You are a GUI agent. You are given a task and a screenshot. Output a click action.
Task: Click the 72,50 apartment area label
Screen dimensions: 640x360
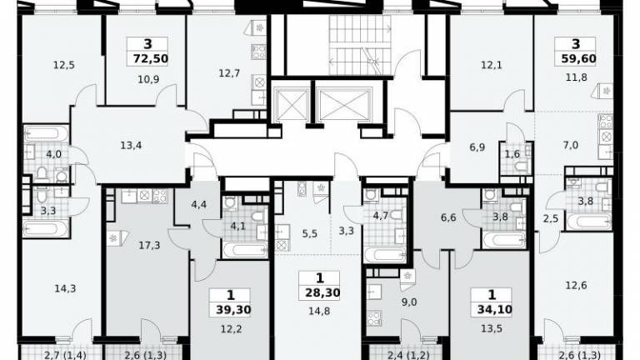click(150, 59)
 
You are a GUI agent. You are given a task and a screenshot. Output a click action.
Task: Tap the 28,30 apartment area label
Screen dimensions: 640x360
click(322, 292)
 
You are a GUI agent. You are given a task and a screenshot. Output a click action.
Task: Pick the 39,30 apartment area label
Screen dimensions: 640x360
click(232, 310)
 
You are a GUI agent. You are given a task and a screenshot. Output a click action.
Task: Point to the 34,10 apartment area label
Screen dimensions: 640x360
click(494, 310)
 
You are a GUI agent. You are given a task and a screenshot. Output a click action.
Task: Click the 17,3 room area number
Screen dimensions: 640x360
click(149, 245)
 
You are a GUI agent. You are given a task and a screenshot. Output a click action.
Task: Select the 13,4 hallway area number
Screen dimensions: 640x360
click(131, 145)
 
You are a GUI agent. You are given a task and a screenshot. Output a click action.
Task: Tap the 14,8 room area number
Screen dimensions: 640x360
click(320, 312)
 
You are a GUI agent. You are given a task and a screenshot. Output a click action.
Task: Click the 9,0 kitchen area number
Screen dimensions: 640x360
click(408, 302)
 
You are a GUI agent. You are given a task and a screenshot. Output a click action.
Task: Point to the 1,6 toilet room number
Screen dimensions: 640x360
click(512, 154)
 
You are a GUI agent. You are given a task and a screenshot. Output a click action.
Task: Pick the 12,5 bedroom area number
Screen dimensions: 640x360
click(64, 65)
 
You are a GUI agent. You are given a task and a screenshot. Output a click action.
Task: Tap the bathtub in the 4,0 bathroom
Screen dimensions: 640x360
click(46, 134)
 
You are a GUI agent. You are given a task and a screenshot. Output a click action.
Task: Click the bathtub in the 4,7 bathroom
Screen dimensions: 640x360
click(385, 255)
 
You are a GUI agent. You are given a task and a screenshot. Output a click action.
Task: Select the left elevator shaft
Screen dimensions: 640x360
click(292, 104)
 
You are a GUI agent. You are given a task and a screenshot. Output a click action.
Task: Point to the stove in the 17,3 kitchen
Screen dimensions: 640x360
click(160, 196)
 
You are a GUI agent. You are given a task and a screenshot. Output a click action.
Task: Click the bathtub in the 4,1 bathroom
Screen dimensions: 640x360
click(245, 250)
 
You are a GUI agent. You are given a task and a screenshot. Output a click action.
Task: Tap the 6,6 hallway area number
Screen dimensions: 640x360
click(448, 217)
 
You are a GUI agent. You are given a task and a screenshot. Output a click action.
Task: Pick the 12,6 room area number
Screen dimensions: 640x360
click(576, 285)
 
